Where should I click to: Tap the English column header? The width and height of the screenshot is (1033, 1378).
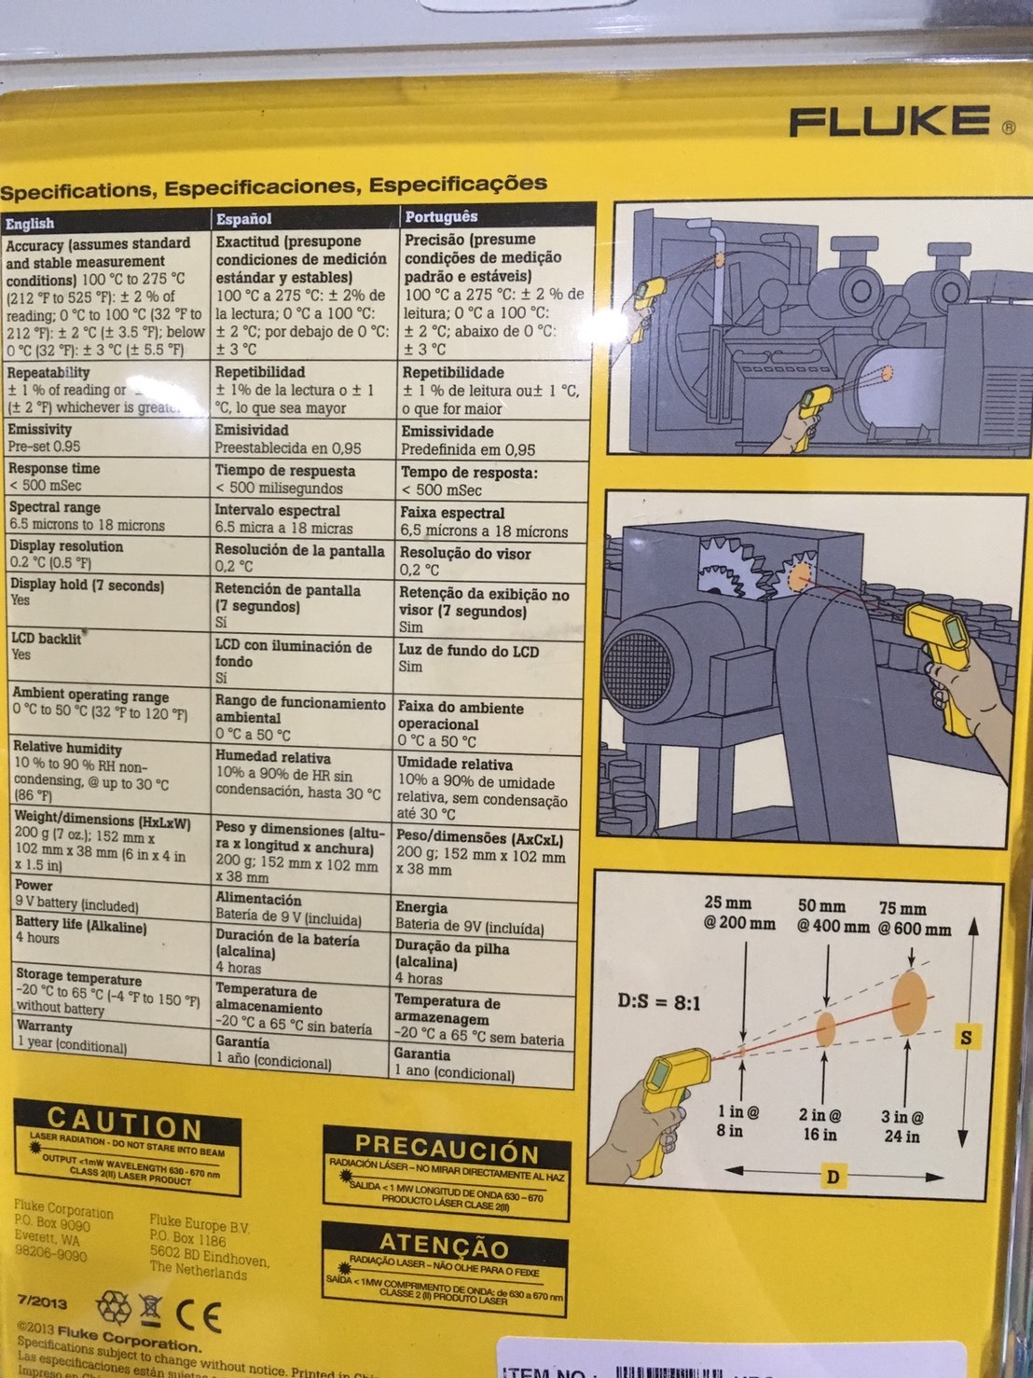tap(30, 224)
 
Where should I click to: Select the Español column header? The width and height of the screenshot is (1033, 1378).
tap(243, 219)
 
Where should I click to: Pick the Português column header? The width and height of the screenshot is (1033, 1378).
tap(441, 217)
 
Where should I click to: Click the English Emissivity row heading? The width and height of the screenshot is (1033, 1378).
tap(40, 429)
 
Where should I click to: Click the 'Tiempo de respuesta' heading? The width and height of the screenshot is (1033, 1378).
tap(285, 471)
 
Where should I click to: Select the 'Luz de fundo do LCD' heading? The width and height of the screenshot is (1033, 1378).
tap(468, 651)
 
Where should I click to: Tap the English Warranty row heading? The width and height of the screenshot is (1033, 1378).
tap(44, 1027)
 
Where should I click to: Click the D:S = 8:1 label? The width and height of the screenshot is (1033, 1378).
tap(658, 1003)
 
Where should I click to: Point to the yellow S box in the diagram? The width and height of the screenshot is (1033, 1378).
tap(966, 1037)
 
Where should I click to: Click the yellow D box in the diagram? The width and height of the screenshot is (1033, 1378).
tap(833, 1177)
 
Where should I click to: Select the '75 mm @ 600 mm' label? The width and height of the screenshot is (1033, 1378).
tap(914, 918)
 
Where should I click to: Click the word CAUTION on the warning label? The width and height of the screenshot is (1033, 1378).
tap(125, 1122)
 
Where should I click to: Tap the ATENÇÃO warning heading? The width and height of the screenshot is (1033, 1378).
tap(444, 1245)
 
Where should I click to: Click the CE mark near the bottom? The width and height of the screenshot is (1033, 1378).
tap(199, 1316)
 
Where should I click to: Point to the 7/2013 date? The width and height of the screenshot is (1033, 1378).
tap(42, 1301)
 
